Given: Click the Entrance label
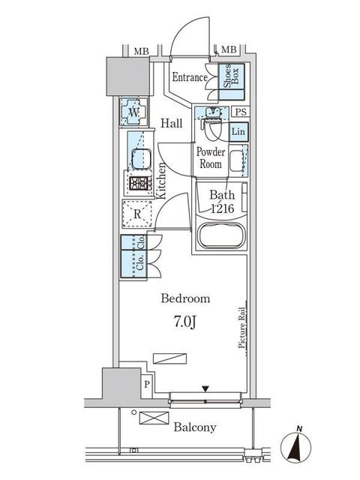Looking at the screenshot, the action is tap(190, 77).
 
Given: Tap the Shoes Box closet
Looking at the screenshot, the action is tap(232, 82).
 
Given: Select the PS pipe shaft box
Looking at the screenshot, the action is tap(241, 112).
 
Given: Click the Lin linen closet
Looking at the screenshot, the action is tap(238, 132).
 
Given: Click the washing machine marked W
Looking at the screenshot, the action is tap(133, 112).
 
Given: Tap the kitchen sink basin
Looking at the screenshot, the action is tap(141, 158).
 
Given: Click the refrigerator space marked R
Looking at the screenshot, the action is tap(137, 214).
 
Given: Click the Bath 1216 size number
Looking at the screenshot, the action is tap(223, 208).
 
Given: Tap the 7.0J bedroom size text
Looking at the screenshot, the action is tap(185, 322).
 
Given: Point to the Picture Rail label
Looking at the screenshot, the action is tap(241, 328).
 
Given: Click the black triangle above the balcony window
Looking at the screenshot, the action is tap(205, 388).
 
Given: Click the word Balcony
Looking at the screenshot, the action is tap(195, 427).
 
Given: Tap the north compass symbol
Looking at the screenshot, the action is tap(296, 447).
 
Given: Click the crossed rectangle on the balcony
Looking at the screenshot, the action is tap(154, 418).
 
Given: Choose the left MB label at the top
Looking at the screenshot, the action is tap(141, 51).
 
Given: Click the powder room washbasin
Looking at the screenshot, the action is tap(236, 160).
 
